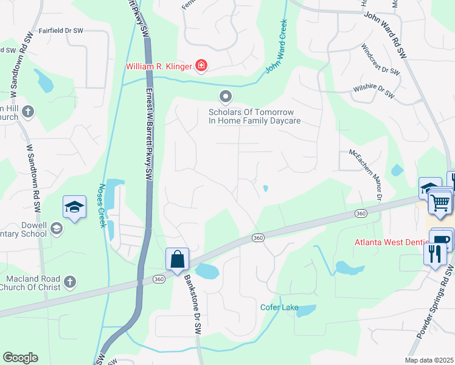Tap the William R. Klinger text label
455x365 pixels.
(x=158, y=66)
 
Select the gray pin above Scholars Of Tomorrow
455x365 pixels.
(x=226, y=97)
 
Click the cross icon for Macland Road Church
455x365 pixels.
(x=70, y=282)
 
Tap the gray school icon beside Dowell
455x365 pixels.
(x=57, y=228)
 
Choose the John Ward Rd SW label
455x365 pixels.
(x=386, y=34)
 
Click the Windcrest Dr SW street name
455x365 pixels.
(x=380, y=60)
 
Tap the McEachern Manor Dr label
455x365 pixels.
(x=365, y=175)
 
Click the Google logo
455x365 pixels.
(x=20, y=358)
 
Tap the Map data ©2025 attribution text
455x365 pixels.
(x=429, y=360)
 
